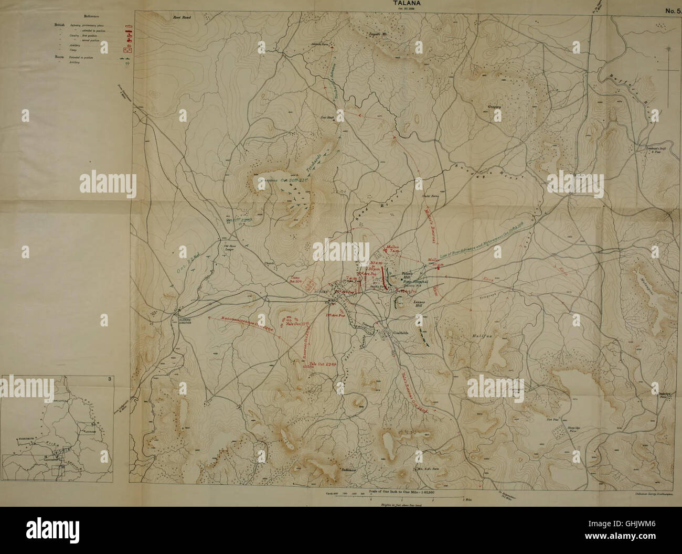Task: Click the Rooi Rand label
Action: pyautogui.click(x=183, y=17)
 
